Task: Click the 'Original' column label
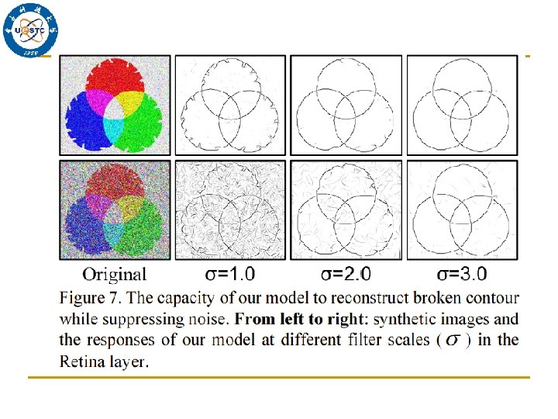tap(114, 273)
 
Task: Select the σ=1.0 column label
tap(229, 273)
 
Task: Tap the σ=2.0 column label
tap(346, 273)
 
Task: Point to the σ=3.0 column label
tap(463, 273)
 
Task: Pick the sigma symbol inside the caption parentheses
tap(453, 341)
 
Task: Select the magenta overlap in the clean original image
tap(99, 99)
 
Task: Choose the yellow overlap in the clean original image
tap(131, 99)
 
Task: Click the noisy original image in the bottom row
tap(115, 209)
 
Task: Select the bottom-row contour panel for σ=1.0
tap(230, 209)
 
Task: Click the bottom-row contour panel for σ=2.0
tap(346, 209)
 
